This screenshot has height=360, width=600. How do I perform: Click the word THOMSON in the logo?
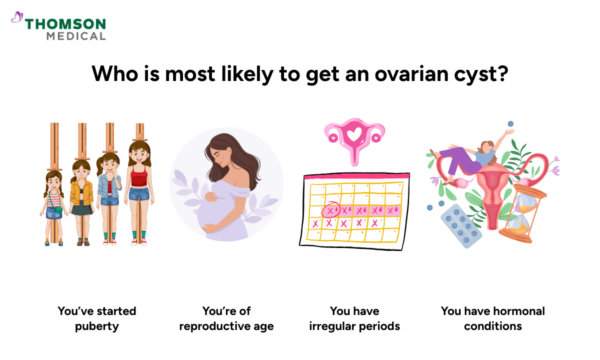click(x=65, y=24)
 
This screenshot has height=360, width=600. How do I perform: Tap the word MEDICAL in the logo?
click(x=76, y=36)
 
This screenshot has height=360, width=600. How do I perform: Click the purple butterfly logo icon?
click(x=17, y=18)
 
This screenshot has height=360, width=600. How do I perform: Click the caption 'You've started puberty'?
click(x=97, y=318)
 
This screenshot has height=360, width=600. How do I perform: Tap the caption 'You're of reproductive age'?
click(x=226, y=318)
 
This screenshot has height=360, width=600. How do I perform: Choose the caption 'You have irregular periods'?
click(x=354, y=318)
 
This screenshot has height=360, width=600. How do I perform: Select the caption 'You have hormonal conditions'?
click(x=493, y=318)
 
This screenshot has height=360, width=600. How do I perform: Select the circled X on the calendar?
click(x=330, y=210)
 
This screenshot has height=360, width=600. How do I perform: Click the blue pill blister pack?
click(x=461, y=225)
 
